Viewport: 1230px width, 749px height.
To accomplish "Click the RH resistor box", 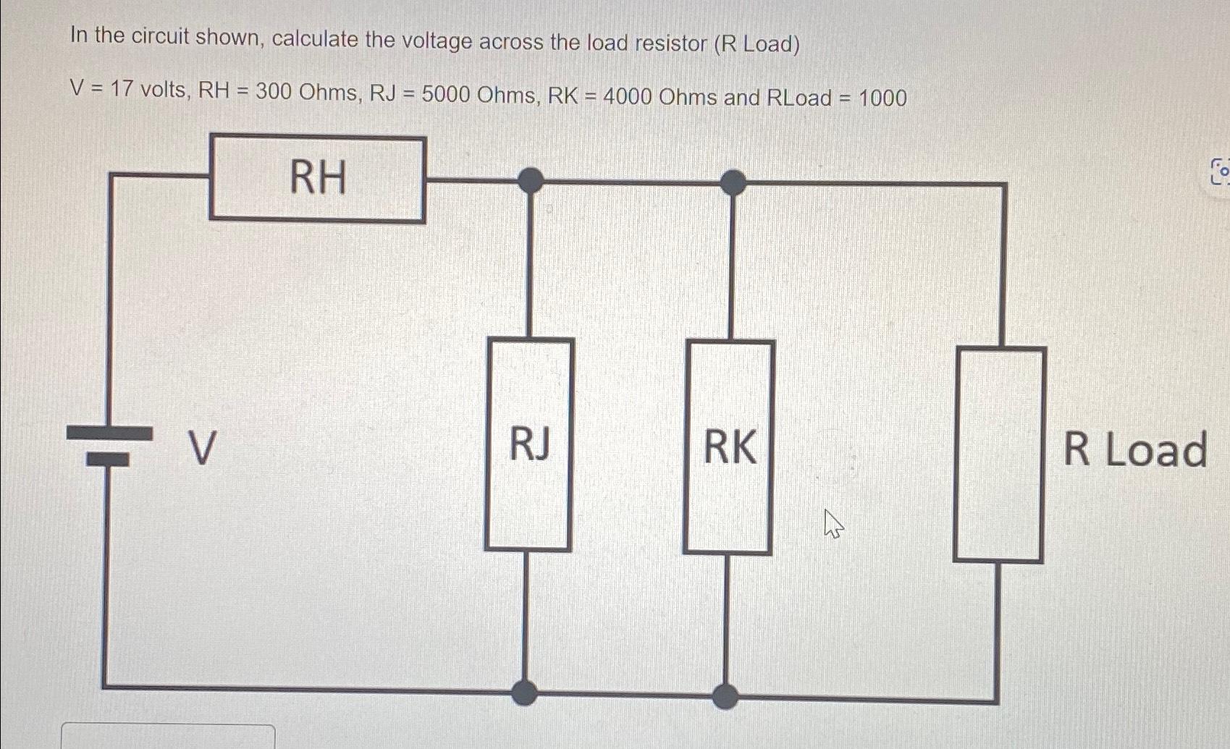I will (x=317, y=179).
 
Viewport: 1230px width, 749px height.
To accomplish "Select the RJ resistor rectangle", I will (x=529, y=444).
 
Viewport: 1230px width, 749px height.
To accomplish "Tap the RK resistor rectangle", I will (x=729, y=447).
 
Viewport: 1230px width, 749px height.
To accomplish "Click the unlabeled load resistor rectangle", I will (x=999, y=454).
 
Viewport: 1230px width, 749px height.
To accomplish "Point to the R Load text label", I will (x=1134, y=449).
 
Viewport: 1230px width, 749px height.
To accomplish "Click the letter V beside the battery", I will (x=202, y=449).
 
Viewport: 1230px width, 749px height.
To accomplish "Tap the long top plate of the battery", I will (x=109, y=433).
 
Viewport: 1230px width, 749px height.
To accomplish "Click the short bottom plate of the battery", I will (x=108, y=460).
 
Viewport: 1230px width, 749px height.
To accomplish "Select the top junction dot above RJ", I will (x=531, y=179).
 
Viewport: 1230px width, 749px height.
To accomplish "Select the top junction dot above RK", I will (x=733, y=182).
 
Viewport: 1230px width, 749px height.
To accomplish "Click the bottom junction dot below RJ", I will (x=524, y=693).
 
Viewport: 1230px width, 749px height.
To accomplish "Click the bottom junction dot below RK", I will (x=725, y=696).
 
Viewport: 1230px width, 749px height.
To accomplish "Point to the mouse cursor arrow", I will (x=833, y=522).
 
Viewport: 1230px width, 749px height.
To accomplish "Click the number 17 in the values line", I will (x=122, y=90).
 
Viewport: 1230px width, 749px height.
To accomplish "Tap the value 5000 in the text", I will (x=446, y=94).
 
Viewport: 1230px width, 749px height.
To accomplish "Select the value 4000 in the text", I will (x=628, y=96).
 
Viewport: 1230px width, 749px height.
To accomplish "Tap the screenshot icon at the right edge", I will (x=1220, y=172).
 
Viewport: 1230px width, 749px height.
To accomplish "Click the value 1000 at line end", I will (x=883, y=98).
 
